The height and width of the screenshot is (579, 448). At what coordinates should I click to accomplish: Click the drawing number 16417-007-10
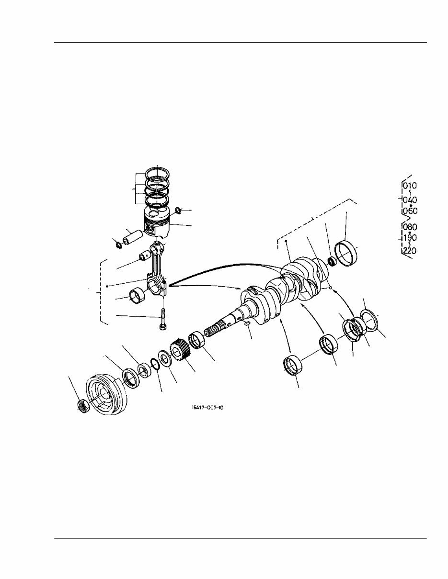point(207,408)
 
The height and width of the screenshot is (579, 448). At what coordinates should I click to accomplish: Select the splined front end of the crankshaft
point(216,331)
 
